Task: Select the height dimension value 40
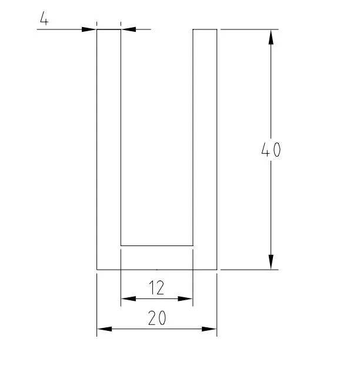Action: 271,150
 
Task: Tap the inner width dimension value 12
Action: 156,288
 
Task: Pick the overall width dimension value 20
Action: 156,318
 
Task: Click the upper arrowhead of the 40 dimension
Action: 271,37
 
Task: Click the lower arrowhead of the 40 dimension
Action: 271,262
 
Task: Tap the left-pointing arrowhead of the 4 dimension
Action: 128,29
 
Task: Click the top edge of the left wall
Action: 109,29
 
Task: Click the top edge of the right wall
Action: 205,29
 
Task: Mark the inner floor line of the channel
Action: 156,245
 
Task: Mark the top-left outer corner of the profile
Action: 97,29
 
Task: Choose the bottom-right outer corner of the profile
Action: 216,270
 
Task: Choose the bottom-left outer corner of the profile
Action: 97,270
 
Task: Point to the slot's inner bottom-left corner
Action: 121,245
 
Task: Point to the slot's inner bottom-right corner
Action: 193,245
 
